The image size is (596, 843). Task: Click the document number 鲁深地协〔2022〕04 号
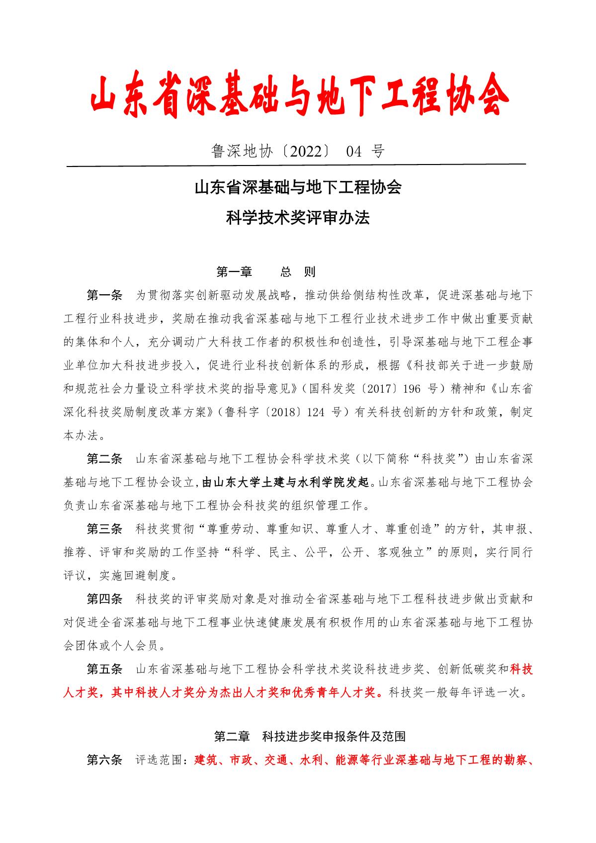(298, 151)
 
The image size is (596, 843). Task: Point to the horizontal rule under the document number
(296, 165)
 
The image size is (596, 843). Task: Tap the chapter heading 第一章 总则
(266, 272)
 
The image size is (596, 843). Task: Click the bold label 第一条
(104, 295)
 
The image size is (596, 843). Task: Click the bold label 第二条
(104, 458)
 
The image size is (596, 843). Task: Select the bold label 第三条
(104, 529)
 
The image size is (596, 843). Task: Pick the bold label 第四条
(104, 599)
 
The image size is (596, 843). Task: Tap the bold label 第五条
(104, 669)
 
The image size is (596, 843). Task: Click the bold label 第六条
(104, 760)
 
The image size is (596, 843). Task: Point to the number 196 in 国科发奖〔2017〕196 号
(412, 388)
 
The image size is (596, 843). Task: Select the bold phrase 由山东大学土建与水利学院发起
(286, 482)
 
